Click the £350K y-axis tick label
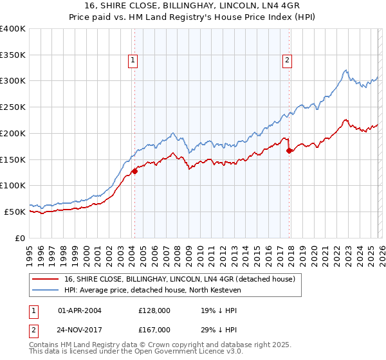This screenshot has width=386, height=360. (x=13, y=55)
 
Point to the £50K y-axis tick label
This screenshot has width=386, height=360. (x=15, y=212)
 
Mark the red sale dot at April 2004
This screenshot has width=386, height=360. (x=135, y=171)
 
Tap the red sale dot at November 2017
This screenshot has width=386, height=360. (x=289, y=151)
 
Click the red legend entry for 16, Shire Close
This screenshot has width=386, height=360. (x=179, y=279)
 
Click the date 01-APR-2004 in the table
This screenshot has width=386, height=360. (x=80, y=310)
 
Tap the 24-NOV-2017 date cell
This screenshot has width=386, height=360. (x=80, y=330)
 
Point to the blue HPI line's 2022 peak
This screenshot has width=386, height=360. (x=346, y=70)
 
